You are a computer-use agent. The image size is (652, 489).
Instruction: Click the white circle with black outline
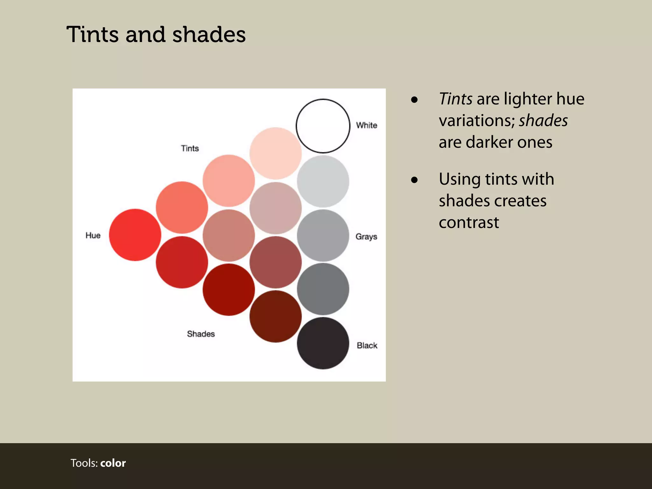[x=323, y=126]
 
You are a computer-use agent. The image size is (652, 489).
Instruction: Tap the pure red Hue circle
[x=135, y=235]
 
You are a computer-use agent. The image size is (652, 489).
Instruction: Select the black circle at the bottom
[x=323, y=343]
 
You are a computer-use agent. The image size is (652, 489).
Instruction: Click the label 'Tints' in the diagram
[x=190, y=148]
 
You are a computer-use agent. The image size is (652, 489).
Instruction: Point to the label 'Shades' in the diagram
[x=201, y=334]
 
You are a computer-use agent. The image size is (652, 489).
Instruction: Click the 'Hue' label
[x=93, y=235]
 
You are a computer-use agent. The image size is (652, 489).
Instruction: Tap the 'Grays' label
[x=366, y=237]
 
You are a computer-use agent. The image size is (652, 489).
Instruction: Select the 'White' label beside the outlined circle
[x=366, y=125]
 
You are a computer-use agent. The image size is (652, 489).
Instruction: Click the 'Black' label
[x=367, y=345]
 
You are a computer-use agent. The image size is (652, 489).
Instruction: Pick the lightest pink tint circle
[x=275, y=153]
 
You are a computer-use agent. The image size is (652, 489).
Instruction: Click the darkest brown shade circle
[x=275, y=316]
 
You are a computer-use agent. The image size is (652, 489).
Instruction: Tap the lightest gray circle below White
[x=323, y=181]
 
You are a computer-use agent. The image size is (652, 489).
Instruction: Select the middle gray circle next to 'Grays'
[x=323, y=235]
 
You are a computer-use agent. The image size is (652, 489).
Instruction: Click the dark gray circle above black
[x=323, y=289]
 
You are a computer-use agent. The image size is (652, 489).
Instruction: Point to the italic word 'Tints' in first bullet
[x=455, y=99]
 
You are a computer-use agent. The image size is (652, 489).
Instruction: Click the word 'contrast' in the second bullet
[x=469, y=222]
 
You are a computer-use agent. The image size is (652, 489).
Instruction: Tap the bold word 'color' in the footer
[x=113, y=463]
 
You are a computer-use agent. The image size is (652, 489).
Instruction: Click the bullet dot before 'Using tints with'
[x=414, y=180]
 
